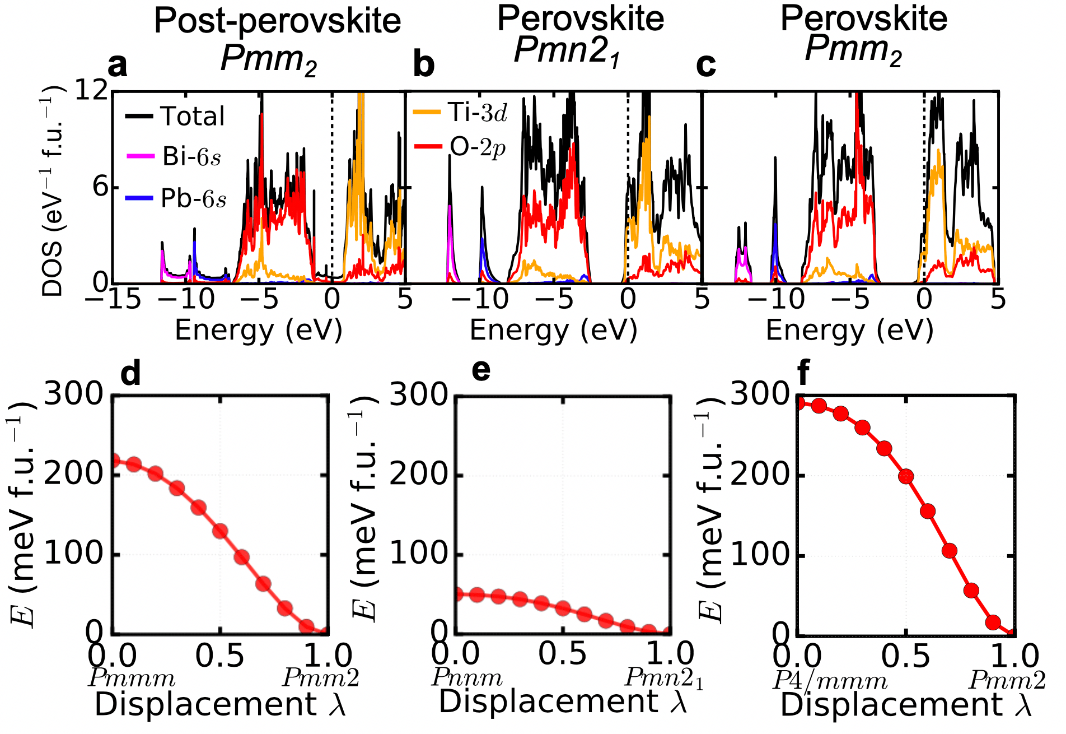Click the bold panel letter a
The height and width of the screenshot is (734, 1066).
pos(118,65)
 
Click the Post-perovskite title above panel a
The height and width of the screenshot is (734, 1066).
pos(277,21)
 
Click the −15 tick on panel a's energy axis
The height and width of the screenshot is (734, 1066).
pos(112,299)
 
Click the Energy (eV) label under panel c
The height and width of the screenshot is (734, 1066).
pos(849,330)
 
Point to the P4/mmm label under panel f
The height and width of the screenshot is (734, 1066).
pos(830,681)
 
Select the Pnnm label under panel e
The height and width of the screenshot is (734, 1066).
pos(467,677)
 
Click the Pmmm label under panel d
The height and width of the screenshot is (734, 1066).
pos(132,679)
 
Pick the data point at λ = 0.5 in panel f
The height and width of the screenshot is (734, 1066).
pos(906,476)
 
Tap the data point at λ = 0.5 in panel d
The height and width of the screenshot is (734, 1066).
pos(220,531)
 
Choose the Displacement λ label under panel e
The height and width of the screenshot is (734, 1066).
pos(562,702)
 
